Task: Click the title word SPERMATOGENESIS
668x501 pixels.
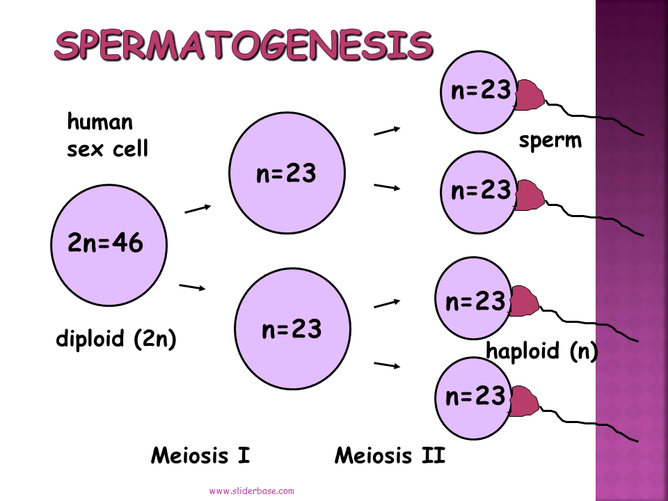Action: coord(244,45)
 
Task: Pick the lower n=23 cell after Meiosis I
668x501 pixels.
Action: coord(292,329)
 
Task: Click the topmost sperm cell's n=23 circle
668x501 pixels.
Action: coord(479,92)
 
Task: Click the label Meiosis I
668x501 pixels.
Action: coord(200,456)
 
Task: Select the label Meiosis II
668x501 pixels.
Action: coord(390,456)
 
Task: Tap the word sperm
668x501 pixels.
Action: coord(550,141)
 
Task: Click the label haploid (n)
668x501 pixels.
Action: coord(542,351)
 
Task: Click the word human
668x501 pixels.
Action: coord(100,122)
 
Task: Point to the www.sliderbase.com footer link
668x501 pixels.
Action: coord(252,491)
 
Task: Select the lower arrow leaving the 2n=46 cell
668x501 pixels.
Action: coord(193,286)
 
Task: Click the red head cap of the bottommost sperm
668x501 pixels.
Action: coord(524,403)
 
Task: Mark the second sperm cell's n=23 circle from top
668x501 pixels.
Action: coord(480,191)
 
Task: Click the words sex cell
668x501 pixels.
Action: coord(107,149)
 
